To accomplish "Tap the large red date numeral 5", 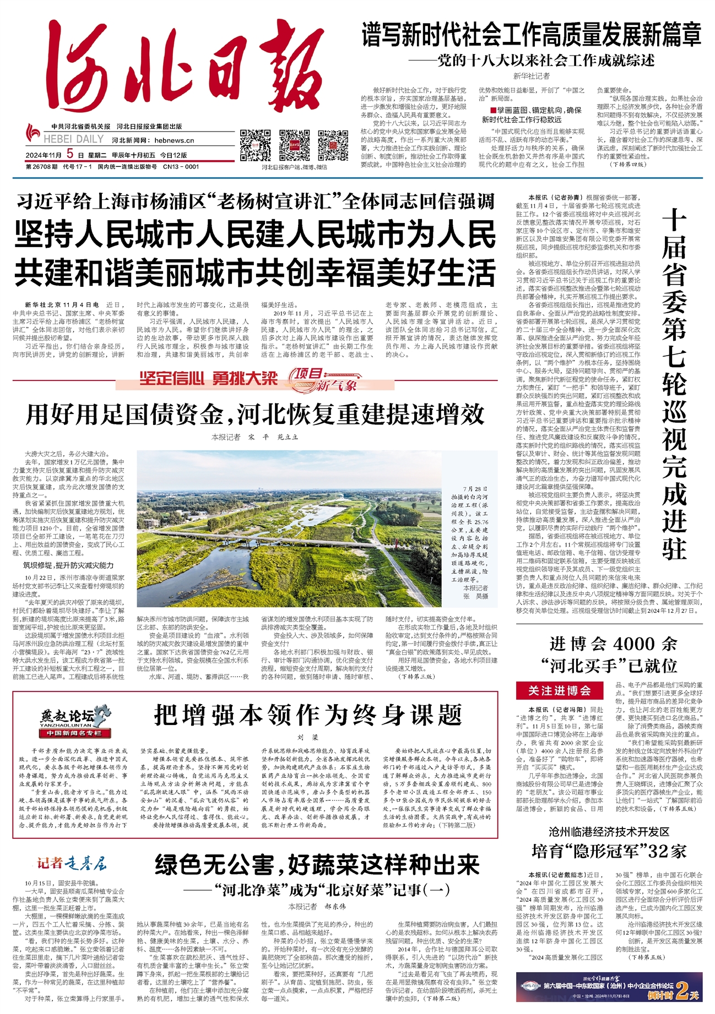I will pos(70,155).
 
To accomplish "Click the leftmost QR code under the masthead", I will pos(255,145).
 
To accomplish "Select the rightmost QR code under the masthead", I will pos(333,145).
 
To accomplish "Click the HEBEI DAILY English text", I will pos(74,140).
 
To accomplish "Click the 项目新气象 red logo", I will pos(325,379).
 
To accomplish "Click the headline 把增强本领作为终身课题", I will pos(308,715).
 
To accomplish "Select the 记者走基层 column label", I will pos(72,863).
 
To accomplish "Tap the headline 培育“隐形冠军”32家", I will pos(609,851).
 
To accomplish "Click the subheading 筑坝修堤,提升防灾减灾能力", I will pos(68,565).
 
